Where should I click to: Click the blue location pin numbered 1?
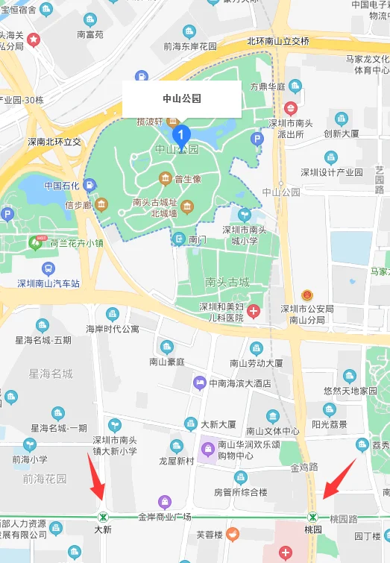[181, 135]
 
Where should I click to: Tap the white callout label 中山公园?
[182, 98]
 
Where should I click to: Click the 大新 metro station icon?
[103, 517]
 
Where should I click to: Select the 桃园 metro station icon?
[313, 517]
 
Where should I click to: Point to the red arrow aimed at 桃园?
[338, 479]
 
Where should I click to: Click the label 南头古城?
[227, 283]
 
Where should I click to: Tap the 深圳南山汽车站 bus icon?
[48, 268]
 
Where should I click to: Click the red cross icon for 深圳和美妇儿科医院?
[254, 311]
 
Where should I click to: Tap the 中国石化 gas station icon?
[89, 185]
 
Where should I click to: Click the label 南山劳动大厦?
[257, 363]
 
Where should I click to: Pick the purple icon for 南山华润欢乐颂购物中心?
[208, 449]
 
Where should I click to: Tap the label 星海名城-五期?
[43, 340]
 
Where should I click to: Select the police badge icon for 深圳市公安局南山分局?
[307, 296]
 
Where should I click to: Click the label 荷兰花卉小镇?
[77, 242]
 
